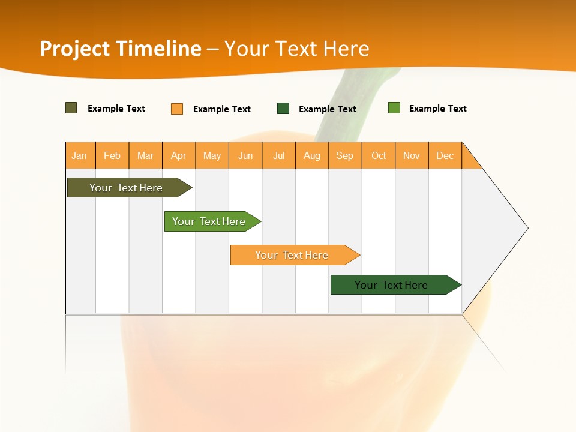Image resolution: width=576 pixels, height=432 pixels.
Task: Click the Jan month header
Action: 79,155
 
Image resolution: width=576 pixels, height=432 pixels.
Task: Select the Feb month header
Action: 112,155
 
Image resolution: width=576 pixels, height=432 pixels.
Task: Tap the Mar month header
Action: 145,155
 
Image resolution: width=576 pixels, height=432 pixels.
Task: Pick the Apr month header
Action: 178,155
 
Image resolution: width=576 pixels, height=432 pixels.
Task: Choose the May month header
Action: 212,155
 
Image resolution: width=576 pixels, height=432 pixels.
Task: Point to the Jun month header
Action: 245,155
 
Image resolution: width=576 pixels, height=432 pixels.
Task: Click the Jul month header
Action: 278,155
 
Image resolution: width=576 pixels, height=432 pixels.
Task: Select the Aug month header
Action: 312,155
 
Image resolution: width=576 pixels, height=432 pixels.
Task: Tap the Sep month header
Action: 345,155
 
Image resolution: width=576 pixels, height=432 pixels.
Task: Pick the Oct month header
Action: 379,155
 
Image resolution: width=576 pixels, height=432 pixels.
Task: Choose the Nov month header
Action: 412,155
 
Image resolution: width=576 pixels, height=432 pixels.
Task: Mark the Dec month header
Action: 445,155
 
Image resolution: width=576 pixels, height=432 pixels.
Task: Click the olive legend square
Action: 71,108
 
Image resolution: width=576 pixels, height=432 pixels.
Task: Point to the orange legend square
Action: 177,109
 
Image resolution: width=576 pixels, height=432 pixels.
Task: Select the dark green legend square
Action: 283,109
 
